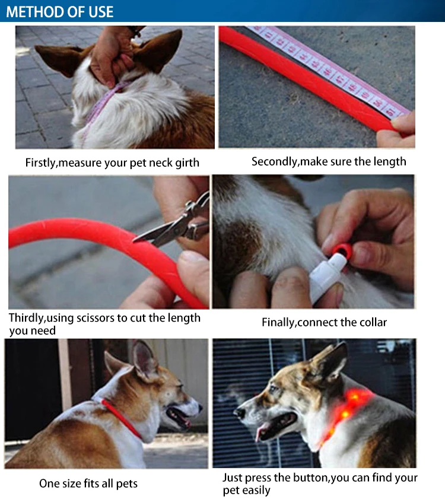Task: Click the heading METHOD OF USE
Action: point(59,12)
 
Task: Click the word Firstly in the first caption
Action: point(41,163)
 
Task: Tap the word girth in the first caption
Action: point(187,163)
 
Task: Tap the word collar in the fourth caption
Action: point(373,322)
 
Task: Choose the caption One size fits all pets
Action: point(88,484)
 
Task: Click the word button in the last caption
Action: point(310,478)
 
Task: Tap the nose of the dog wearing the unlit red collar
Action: point(200,408)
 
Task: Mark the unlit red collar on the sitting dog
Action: point(121,418)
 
